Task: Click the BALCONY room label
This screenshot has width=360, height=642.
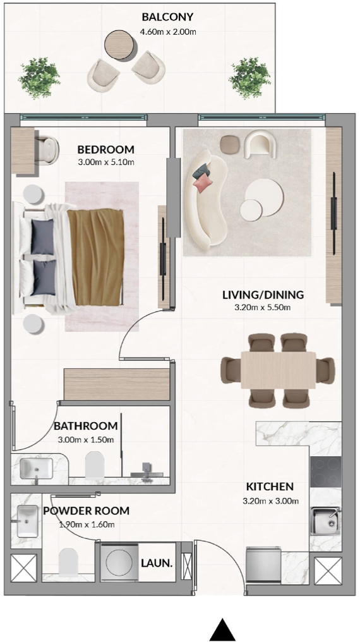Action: tap(167, 17)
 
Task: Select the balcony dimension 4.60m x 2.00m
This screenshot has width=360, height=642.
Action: tap(167, 31)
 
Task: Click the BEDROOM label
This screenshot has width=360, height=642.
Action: tap(106, 150)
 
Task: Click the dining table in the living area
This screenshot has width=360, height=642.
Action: tap(278, 370)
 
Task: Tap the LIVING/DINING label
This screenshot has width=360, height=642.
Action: tap(263, 295)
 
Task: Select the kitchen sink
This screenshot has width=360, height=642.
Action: tap(325, 521)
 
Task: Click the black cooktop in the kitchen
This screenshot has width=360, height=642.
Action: tap(326, 471)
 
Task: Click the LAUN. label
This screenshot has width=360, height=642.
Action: tap(157, 563)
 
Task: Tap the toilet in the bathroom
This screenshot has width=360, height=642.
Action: tap(93, 465)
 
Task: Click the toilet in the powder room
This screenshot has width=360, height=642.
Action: tap(68, 562)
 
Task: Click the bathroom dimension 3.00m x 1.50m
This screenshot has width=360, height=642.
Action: tap(85, 440)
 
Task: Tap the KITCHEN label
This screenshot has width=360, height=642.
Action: tap(270, 487)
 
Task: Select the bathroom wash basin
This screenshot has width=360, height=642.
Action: tap(37, 469)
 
